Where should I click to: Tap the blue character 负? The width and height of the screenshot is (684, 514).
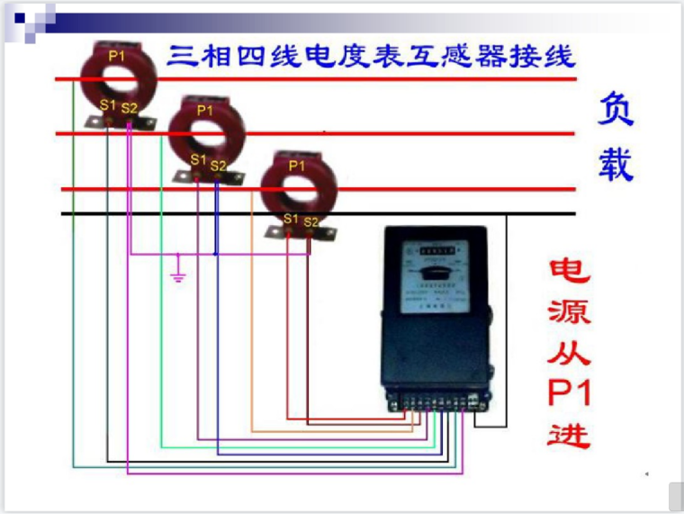616,109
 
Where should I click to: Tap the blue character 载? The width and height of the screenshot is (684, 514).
616,163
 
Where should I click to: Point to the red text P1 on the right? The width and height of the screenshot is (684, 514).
570,393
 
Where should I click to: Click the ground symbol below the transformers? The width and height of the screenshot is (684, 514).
178,273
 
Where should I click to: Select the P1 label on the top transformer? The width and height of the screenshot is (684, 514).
117,56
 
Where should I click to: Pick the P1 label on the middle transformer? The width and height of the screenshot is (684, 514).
205,111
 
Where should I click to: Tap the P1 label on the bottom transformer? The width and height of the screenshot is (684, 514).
296,166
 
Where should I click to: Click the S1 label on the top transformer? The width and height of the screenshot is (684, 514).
108,105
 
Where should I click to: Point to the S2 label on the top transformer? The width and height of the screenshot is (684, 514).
130,108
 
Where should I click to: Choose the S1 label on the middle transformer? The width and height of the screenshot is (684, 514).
198,160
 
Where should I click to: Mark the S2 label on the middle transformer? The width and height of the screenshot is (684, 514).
218,166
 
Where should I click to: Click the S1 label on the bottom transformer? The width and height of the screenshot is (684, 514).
290,218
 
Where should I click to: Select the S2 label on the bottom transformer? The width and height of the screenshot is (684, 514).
310,221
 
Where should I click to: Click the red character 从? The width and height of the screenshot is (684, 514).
570,353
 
